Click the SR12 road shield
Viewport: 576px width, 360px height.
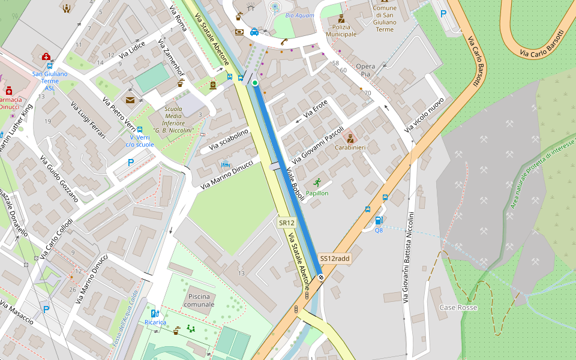286,223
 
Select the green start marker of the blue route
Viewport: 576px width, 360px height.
255,83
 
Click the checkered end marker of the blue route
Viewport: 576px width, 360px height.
322,277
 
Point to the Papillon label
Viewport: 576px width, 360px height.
317,193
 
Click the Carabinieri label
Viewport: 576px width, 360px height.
350,147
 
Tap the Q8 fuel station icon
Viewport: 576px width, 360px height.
379,221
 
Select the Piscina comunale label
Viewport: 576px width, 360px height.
201,300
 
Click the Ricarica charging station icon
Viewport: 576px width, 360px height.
155,313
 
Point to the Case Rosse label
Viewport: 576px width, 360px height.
458,307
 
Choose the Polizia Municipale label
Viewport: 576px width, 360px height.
341,31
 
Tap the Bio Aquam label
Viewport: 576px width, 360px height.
299,15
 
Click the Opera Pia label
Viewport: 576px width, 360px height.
365,70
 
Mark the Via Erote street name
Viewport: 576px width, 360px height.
316,109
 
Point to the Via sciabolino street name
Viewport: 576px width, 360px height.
229,140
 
